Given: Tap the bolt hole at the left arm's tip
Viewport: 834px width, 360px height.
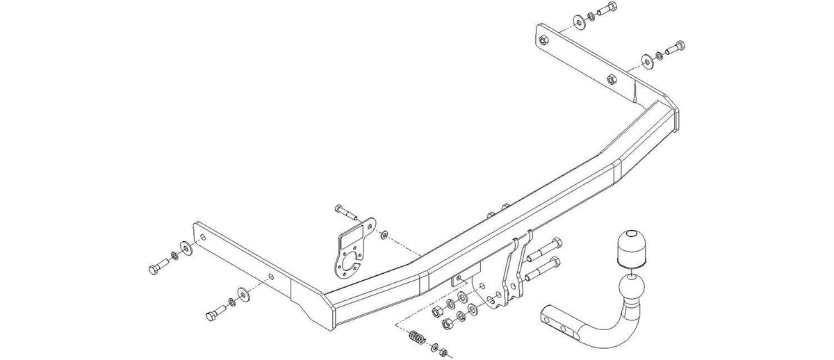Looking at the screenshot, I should pyautogui.click(x=202, y=236).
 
